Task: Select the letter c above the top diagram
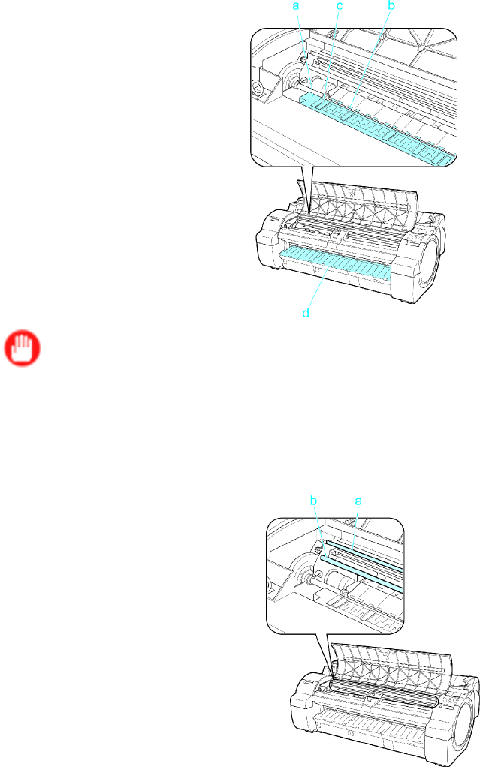click(x=340, y=6)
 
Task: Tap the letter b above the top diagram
click(x=391, y=5)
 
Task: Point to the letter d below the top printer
click(x=306, y=312)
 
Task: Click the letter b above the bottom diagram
click(x=314, y=501)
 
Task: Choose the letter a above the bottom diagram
click(x=358, y=501)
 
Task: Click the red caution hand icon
click(x=23, y=350)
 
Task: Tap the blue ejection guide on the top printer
click(x=336, y=263)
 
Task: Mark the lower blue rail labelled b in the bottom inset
click(x=360, y=570)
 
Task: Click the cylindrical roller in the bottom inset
click(x=337, y=582)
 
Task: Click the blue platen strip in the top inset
click(x=377, y=126)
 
